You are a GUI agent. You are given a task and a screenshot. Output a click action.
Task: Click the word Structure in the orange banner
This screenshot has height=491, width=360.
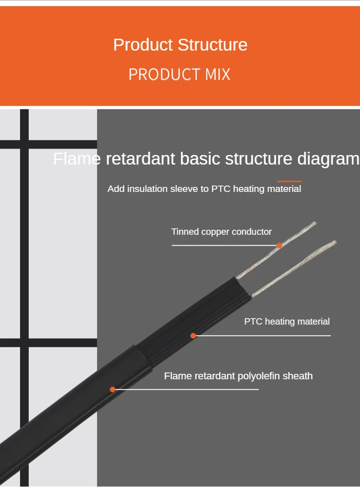point(212,45)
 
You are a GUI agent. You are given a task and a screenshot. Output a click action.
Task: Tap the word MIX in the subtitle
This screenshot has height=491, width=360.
point(218,74)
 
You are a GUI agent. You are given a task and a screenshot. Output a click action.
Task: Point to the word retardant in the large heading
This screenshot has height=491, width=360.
point(140,159)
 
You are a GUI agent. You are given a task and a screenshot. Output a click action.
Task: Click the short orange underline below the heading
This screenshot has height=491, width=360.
point(289,181)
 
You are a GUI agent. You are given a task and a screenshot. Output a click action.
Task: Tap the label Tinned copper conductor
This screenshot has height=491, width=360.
point(221,232)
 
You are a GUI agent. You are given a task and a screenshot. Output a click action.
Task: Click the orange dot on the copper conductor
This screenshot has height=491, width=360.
point(279,245)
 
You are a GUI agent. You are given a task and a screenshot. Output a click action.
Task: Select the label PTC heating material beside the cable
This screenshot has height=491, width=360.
point(287,321)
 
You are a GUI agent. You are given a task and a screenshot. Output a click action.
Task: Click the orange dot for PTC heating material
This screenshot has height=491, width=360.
point(193,336)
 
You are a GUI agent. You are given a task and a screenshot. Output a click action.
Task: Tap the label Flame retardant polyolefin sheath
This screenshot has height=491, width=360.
point(238,376)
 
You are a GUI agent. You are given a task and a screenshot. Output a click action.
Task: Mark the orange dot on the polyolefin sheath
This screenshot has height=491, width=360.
point(113,389)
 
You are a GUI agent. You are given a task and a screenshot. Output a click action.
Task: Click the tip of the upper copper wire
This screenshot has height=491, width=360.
point(314,223)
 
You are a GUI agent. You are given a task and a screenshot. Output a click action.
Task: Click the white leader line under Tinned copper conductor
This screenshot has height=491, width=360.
point(223,245)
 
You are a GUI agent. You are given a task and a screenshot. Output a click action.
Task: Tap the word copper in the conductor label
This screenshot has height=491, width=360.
point(215,232)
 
